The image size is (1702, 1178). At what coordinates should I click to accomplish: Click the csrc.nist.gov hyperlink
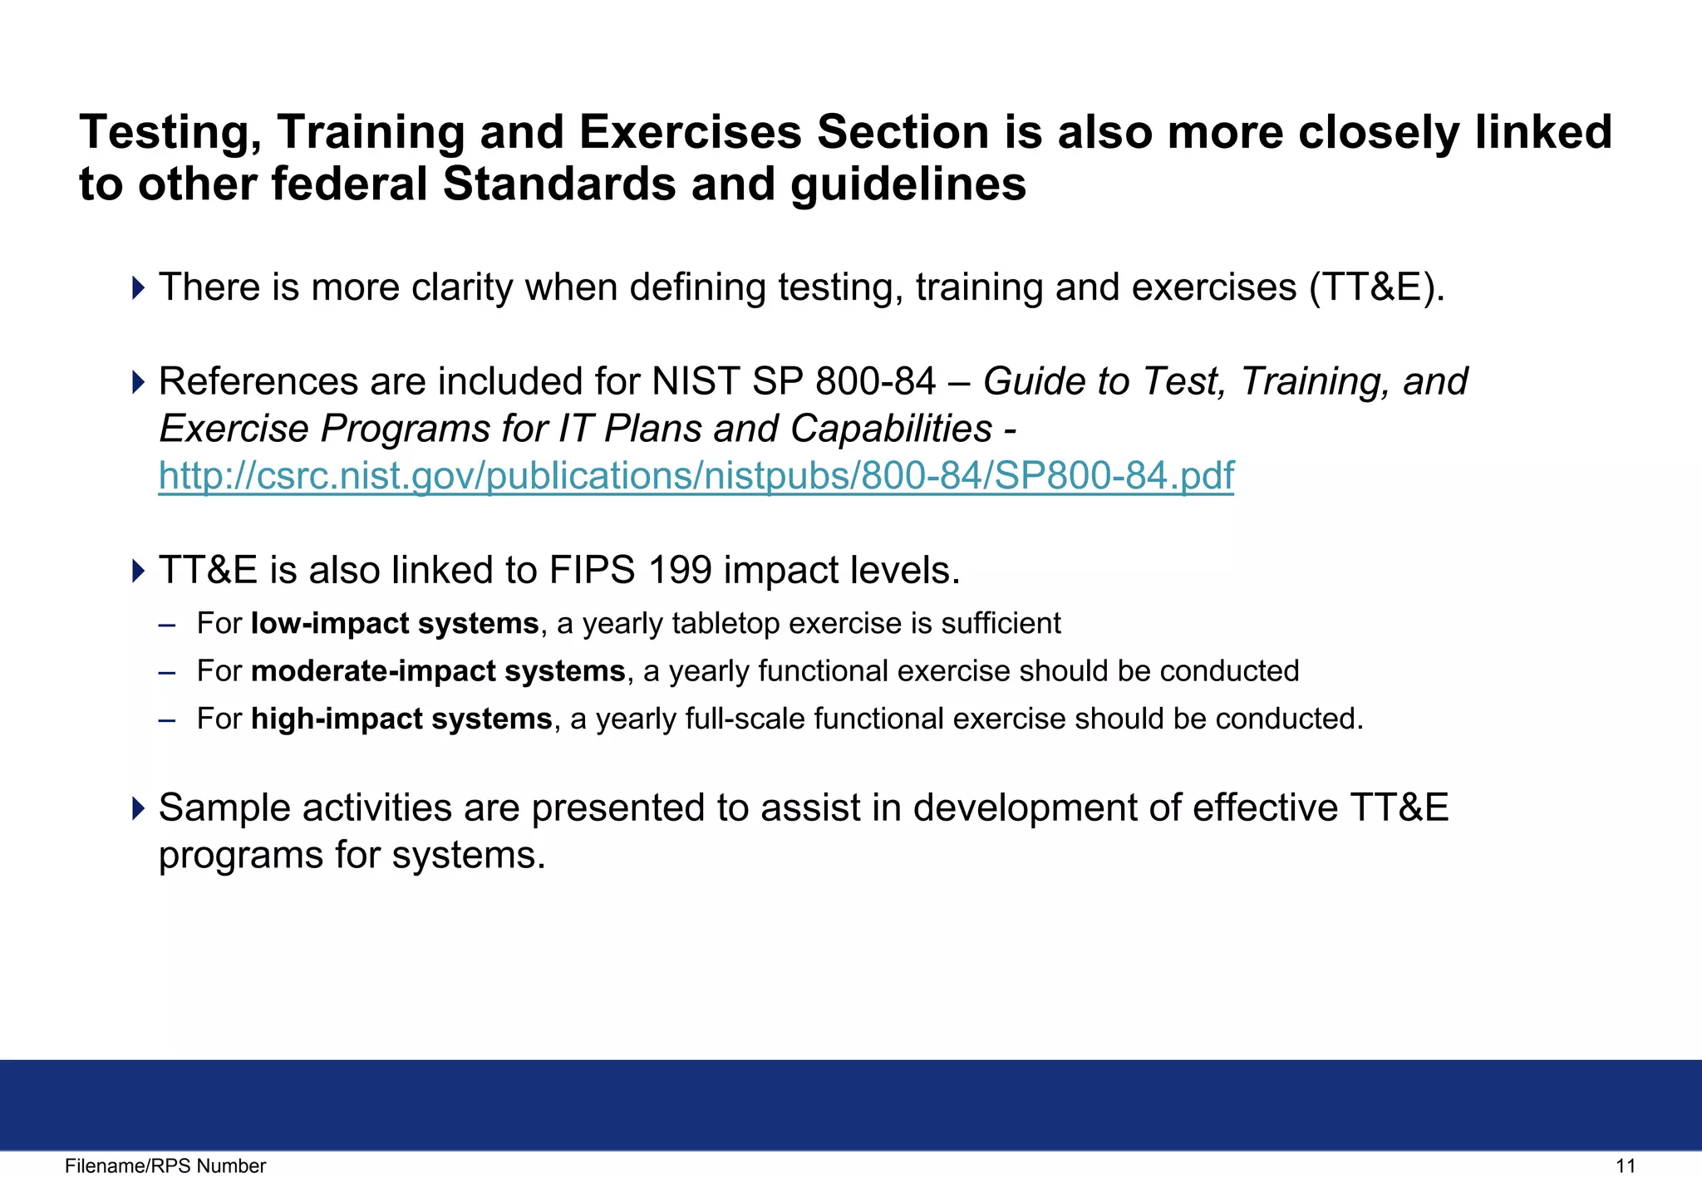696,477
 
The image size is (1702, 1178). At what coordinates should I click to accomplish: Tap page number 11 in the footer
1625,1166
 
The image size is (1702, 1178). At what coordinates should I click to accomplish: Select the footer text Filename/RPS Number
165,1166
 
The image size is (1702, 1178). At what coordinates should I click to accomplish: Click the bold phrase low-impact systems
395,623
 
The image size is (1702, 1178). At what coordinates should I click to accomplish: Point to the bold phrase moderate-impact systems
438,670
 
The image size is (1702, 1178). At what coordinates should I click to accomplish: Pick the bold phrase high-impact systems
401,719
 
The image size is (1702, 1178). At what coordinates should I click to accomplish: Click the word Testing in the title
170,133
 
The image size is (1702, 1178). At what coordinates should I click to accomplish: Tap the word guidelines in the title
908,184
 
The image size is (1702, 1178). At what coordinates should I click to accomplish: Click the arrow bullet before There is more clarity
138,288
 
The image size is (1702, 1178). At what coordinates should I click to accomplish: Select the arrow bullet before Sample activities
138,808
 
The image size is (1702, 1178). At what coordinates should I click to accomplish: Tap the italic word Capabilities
891,429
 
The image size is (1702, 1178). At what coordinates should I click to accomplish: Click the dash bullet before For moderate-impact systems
167,671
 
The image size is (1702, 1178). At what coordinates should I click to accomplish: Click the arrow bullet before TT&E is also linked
138,571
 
